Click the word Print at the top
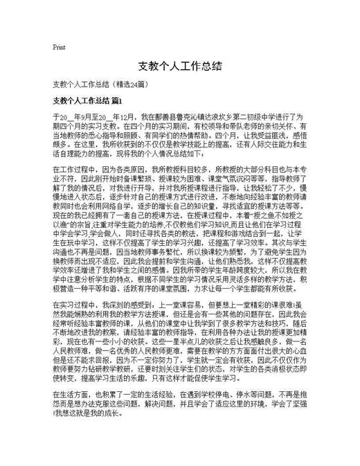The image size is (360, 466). (x=59, y=48)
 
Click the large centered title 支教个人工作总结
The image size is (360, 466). (x=179, y=66)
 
